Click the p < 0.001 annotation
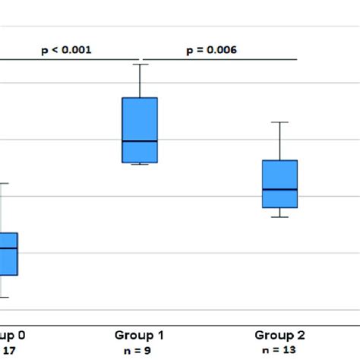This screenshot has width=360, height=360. (66, 50)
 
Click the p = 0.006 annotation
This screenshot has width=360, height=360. (212, 50)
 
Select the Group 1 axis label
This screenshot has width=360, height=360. (139, 334)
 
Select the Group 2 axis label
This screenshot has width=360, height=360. (279, 334)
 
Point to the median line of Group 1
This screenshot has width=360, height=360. (140, 141)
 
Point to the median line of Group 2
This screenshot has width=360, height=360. (279, 189)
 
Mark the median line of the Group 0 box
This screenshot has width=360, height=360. (8, 248)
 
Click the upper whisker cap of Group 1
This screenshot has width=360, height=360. (140, 64)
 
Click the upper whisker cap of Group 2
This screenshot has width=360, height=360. (279, 122)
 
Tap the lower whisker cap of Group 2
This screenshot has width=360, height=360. (279, 217)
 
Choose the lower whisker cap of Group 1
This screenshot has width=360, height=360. (140, 164)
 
